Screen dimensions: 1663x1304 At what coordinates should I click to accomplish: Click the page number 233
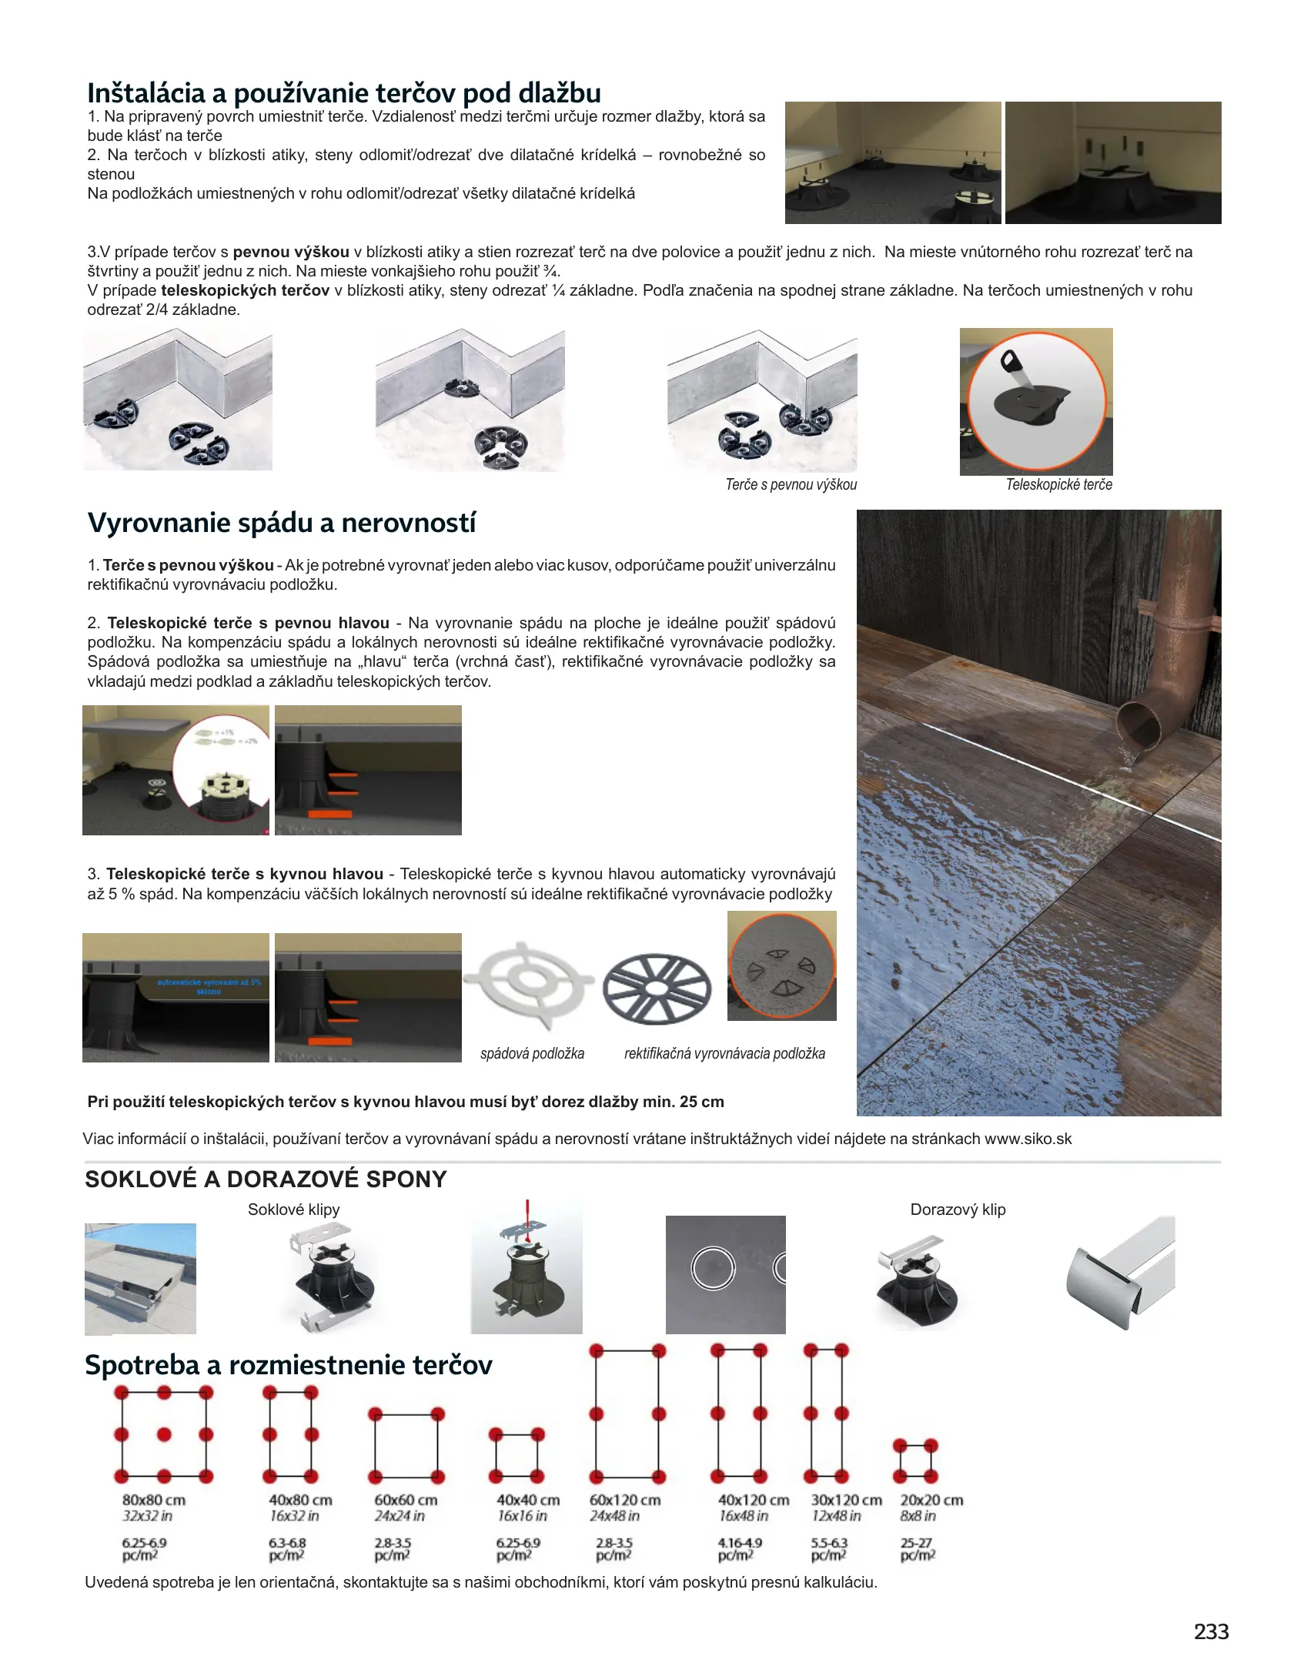[x=1211, y=1631]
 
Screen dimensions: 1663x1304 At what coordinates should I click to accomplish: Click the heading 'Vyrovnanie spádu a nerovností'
[x=282, y=523]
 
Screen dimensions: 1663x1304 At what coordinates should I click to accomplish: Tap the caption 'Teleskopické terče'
[x=1058, y=484]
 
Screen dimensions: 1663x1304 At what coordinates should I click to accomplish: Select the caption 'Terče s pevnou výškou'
[x=791, y=484]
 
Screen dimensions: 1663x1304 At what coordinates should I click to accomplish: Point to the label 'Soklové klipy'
[x=293, y=1210]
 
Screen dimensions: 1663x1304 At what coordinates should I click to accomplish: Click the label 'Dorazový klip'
[x=958, y=1210]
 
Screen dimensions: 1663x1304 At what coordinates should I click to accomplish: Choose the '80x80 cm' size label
[x=154, y=1500]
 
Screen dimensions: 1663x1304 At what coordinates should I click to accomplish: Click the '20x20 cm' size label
[x=931, y=1500]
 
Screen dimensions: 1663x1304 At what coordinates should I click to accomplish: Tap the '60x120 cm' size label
[x=625, y=1500]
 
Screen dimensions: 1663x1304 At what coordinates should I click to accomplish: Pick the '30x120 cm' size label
[x=846, y=1500]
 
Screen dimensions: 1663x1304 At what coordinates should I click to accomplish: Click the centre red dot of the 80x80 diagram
[x=164, y=1434]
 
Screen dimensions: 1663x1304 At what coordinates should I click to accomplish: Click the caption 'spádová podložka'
[x=532, y=1053]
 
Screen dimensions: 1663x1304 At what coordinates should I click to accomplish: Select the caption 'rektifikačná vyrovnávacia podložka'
[x=724, y=1053]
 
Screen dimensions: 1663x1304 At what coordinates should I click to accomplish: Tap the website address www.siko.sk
[x=1028, y=1139]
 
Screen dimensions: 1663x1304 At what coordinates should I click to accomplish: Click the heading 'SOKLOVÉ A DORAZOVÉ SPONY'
[x=266, y=1179]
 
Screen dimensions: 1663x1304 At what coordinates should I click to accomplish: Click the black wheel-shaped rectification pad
[x=656, y=989]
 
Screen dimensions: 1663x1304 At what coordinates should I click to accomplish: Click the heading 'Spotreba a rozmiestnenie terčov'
[x=289, y=1365]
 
